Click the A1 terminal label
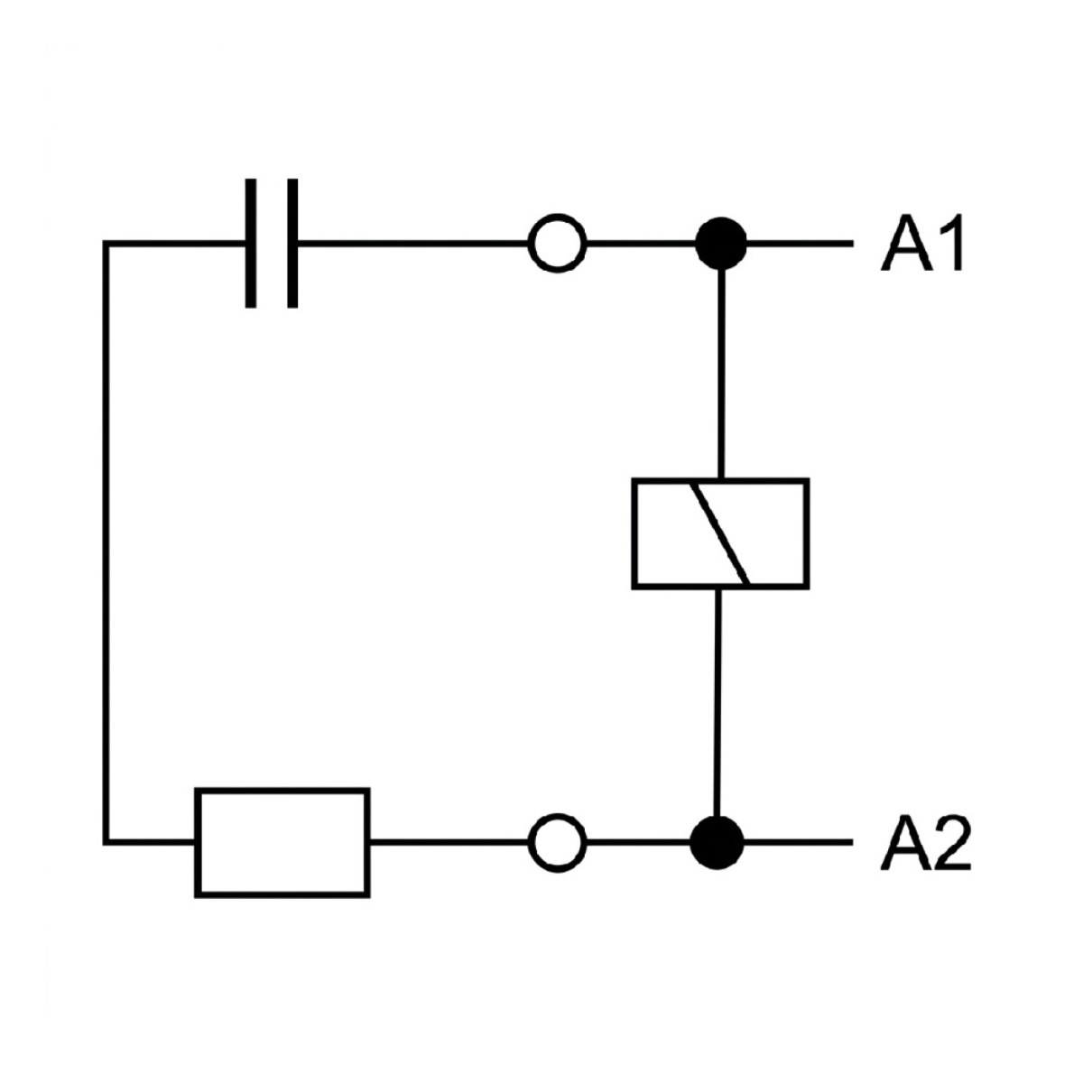point(923,242)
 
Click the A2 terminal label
point(926,857)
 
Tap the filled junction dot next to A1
point(721,244)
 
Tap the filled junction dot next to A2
point(717,858)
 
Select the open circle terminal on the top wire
point(557,244)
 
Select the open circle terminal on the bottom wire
point(557,858)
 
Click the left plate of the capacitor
point(251,244)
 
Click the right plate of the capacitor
point(292,244)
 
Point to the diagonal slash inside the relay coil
point(722,534)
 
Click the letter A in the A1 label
point(906,242)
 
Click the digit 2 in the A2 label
point(953,857)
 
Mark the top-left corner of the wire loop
point(106,244)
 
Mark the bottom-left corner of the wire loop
point(106,858)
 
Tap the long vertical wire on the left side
point(106,551)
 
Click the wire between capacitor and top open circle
point(413,244)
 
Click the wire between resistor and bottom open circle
point(449,858)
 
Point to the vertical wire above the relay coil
point(722,374)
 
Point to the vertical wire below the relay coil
point(718,711)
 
